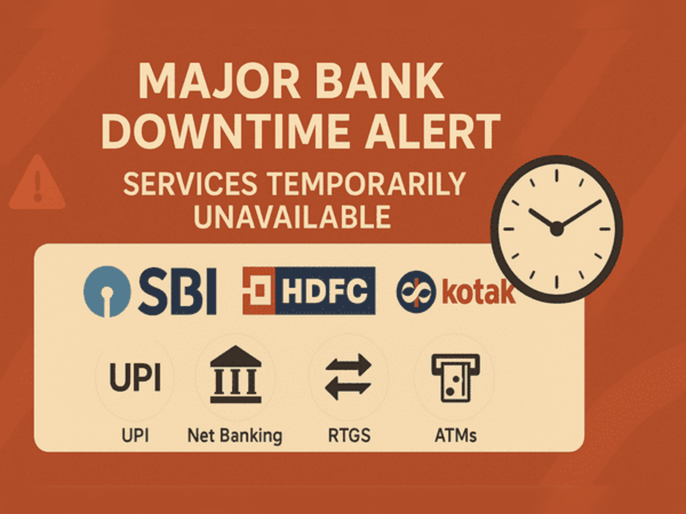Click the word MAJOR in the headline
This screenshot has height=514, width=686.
pos(220,81)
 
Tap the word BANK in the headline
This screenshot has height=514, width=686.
pos(379,81)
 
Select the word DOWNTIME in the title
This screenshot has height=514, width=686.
pos(225,132)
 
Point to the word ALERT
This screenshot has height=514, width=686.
pos(433,132)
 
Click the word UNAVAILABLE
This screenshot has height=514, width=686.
pos(292,217)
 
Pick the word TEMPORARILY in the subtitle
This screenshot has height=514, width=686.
pos(366,184)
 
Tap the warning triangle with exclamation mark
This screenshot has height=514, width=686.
pos(37,182)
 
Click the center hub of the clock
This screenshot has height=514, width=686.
pos(556,230)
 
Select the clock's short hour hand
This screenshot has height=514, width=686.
pos(543,219)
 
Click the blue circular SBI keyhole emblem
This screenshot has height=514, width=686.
pos(107,291)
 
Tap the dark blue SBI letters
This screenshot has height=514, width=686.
pos(177,291)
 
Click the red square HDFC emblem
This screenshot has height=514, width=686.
pos(259,291)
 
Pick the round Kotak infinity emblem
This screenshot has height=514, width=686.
pos(416,291)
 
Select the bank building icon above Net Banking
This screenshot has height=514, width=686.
pos(236,374)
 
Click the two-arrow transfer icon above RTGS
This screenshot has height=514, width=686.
pos(348,377)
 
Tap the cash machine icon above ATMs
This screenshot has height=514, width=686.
pos(456,378)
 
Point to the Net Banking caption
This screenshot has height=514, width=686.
pos(235,436)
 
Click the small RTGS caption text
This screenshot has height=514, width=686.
pos(349,435)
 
